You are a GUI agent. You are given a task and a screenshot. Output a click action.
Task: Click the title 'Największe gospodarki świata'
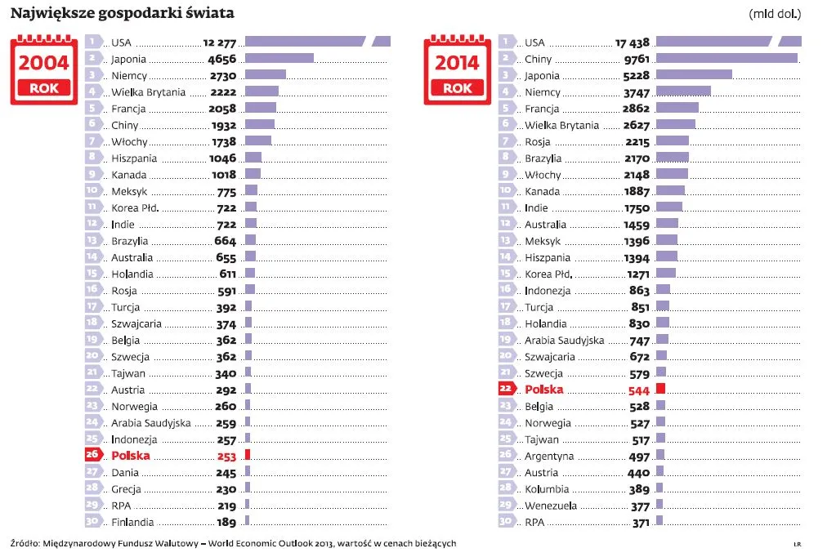point(122,13)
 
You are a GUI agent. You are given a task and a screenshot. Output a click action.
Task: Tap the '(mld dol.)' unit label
point(775,14)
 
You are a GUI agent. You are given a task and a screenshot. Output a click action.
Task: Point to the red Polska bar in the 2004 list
point(248,456)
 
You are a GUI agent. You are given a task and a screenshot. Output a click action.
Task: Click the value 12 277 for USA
point(219,42)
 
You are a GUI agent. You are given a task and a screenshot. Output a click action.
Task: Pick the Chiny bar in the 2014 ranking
point(726,58)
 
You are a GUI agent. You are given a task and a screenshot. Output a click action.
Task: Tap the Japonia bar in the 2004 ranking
point(279,58)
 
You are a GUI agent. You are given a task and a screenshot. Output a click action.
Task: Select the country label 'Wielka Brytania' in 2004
point(149,92)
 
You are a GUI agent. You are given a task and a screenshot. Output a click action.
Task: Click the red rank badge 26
point(92,456)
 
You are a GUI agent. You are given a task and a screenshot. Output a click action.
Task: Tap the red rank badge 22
point(506,390)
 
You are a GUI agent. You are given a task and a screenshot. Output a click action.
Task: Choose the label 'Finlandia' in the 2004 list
point(132,522)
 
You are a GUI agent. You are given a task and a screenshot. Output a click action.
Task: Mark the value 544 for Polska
point(638,390)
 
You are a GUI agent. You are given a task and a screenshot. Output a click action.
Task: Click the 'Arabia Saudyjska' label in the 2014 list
point(565,340)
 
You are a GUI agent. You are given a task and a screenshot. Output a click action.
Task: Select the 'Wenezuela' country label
point(551,506)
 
